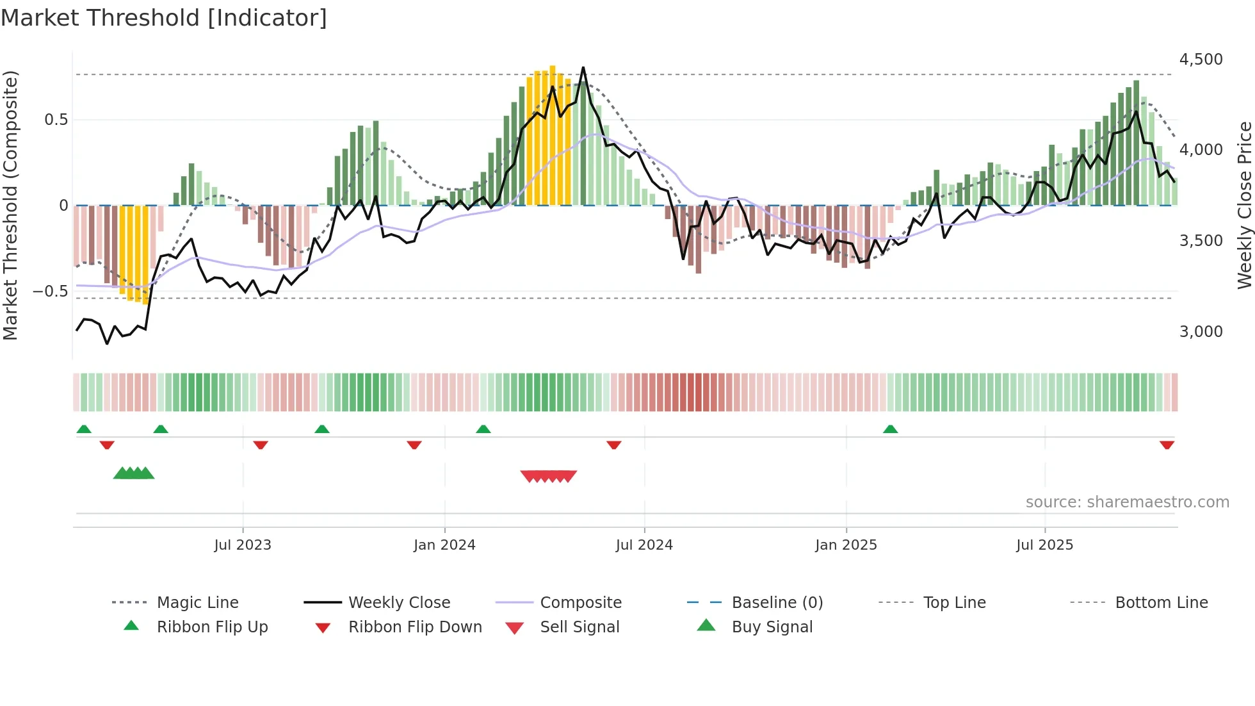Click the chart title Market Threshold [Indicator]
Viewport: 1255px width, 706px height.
pyautogui.click(x=164, y=18)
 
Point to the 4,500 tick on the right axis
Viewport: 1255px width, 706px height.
pyautogui.click(x=1201, y=60)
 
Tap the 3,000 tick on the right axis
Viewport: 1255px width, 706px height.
pyautogui.click(x=1201, y=332)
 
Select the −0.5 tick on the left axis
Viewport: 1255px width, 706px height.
pyautogui.click(x=50, y=291)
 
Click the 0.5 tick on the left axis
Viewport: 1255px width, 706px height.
pyautogui.click(x=56, y=120)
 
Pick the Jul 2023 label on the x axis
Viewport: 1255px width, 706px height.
pyautogui.click(x=243, y=545)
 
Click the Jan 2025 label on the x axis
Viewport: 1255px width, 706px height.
pyautogui.click(x=846, y=545)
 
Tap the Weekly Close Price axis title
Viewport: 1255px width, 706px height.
pyautogui.click(x=1244, y=205)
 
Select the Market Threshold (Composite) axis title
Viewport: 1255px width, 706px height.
pyautogui.click(x=10, y=205)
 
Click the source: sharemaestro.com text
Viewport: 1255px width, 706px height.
pyautogui.click(x=1127, y=502)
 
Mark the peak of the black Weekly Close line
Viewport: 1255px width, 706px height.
pyautogui.click(x=583, y=67)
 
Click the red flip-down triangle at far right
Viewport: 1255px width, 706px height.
pyautogui.click(x=1167, y=445)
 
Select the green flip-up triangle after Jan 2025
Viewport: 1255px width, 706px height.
pyautogui.click(x=890, y=429)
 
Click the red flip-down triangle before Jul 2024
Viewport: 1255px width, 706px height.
pyautogui.click(x=613, y=445)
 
